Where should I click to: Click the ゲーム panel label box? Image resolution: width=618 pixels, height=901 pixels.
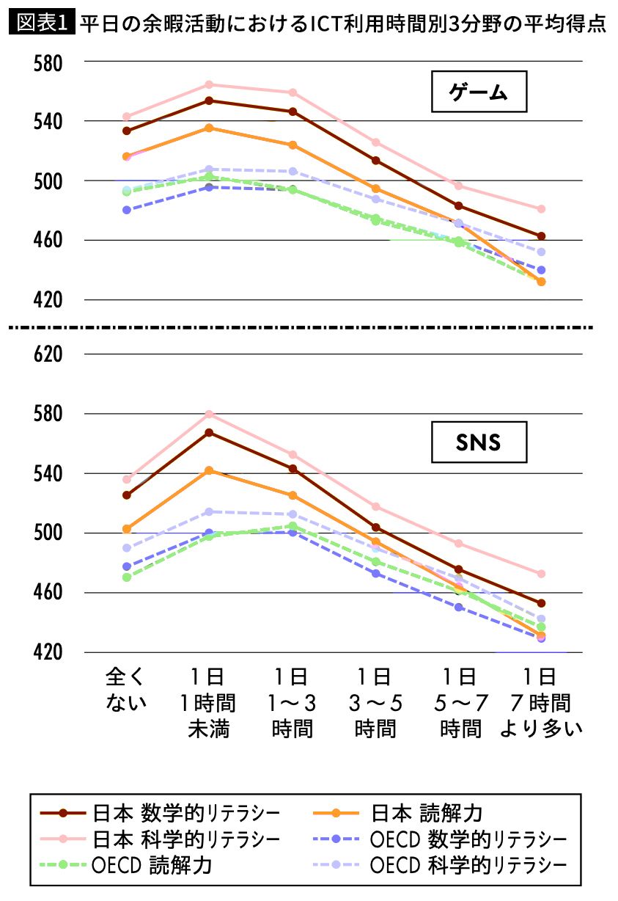click(479, 92)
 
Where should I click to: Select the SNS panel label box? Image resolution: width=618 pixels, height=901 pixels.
click(479, 442)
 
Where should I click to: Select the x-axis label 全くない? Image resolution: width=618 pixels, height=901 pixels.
click(127, 689)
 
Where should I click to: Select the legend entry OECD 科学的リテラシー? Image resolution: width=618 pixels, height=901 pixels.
click(440, 865)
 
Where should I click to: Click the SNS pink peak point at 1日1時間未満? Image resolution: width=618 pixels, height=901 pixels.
click(209, 414)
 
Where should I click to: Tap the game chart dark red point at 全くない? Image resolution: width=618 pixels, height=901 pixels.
click(126, 131)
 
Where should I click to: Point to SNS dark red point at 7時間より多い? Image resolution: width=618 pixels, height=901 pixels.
click(541, 603)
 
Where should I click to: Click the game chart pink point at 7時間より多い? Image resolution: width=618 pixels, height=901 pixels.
click(541, 209)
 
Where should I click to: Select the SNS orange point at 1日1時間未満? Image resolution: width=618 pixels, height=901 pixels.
click(209, 470)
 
